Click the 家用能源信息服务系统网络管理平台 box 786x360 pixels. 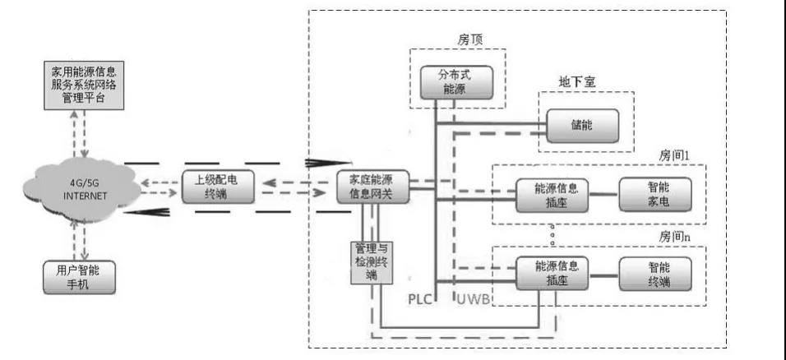[83, 87]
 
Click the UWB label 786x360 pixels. [474, 299]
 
